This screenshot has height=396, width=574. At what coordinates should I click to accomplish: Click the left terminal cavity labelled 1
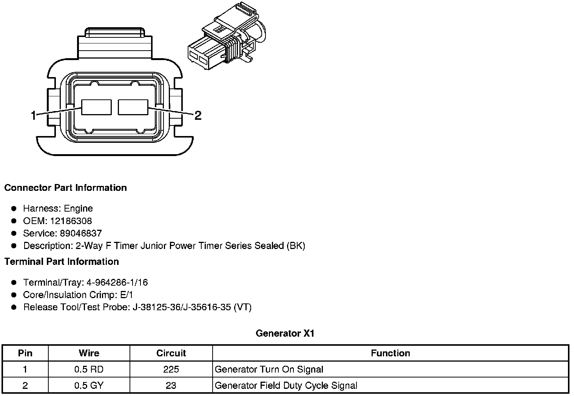[97, 107]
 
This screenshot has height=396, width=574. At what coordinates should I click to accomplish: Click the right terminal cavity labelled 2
[133, 107]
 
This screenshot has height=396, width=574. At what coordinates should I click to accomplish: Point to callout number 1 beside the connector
[34, 115]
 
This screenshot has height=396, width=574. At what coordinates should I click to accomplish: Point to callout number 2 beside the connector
[198, 115]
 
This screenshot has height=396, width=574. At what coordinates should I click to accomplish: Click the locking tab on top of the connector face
[115, 34]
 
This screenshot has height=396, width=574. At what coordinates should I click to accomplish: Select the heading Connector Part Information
[65, 188]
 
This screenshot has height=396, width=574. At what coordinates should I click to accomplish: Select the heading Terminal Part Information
[62, 261]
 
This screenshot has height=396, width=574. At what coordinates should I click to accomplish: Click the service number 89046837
[81, 234]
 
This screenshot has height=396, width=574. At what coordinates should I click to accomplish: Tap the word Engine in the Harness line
[78, 209]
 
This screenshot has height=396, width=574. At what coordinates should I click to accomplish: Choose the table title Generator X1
[285, 333]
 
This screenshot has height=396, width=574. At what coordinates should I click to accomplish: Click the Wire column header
[89, 353]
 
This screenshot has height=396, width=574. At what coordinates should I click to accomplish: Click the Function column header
[390, 353]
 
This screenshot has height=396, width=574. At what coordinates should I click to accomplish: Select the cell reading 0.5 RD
[89, 370]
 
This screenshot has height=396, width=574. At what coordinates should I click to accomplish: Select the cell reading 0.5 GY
[89, 385]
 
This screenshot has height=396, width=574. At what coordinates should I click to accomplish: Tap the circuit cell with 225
[171, 370]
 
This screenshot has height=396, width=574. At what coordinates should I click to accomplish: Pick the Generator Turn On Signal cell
[269, 370]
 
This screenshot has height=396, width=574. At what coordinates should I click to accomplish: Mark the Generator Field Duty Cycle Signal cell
[286, 385]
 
